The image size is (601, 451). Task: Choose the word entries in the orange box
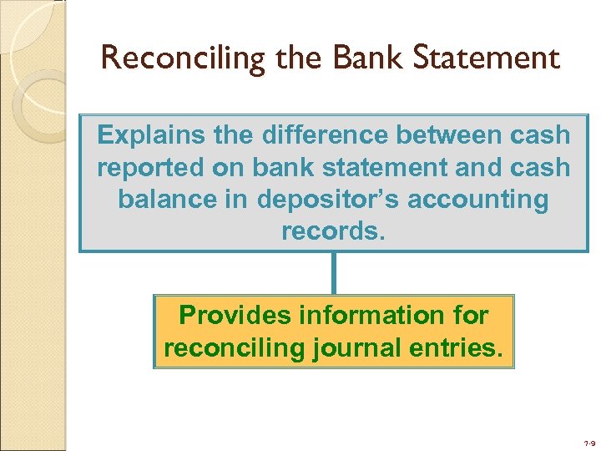(457, 347)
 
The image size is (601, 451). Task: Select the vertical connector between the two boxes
(334, 272)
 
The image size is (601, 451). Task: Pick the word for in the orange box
(472, 315)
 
